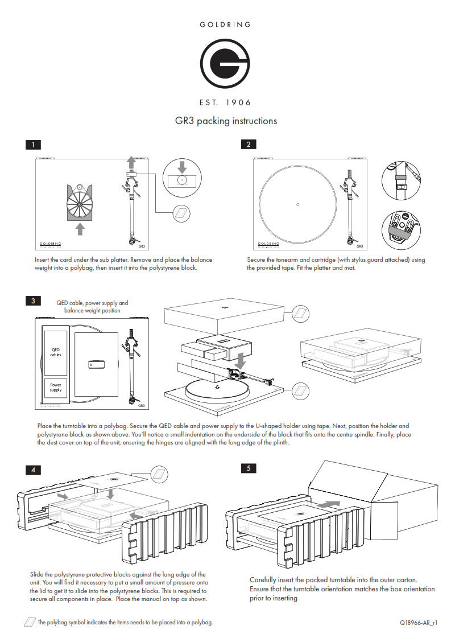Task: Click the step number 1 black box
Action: click(x=34, y=145)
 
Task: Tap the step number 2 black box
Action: click(x=248, y=145)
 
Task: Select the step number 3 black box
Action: click(x=34, y=301)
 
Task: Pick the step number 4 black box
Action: click(x=34, y=470)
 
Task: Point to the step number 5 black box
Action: click(x=248, y=468)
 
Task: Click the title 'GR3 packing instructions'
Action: click(x=226, y=121)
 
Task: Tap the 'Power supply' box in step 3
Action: click(x=56, y=388)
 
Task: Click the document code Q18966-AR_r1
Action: click(x=418, y=623)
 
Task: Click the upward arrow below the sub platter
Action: click(x=80, y=228)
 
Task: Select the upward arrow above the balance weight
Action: click(x=131, y=159)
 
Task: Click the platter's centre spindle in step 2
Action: click(x=298, y=204)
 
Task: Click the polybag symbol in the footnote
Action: click(x=30, y=622)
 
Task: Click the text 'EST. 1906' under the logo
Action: click(x=225, y=102)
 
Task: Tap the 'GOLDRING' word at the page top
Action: click(x=225, y=24)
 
